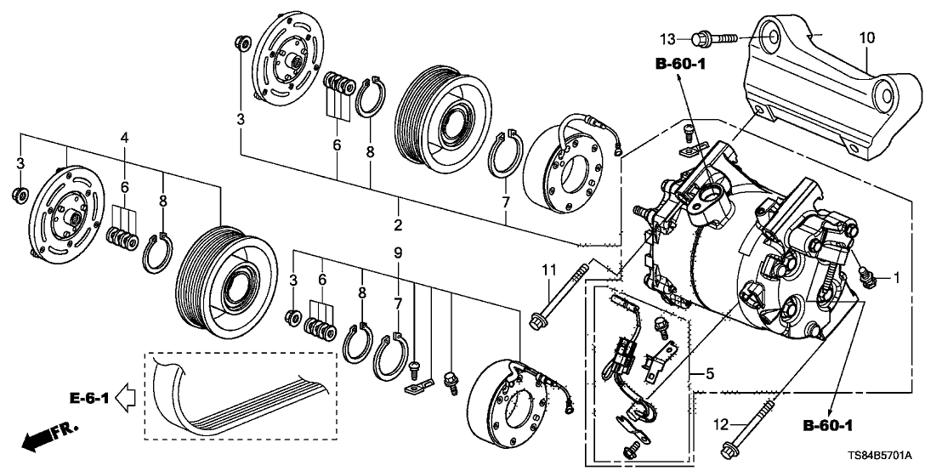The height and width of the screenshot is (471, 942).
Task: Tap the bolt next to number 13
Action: click(x=713, y=37)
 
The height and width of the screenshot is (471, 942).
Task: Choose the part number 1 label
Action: click(x=894, y=277)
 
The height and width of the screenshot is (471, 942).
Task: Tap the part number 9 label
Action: click(x=397, y=253)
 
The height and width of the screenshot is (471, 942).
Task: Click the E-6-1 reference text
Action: click(x=88, y=395)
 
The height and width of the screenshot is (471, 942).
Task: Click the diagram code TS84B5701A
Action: click(x=884, y=457)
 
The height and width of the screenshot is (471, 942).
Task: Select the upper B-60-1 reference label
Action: click(x=680, y=64)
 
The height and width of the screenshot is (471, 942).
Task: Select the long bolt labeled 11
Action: click(x=561, y=293)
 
